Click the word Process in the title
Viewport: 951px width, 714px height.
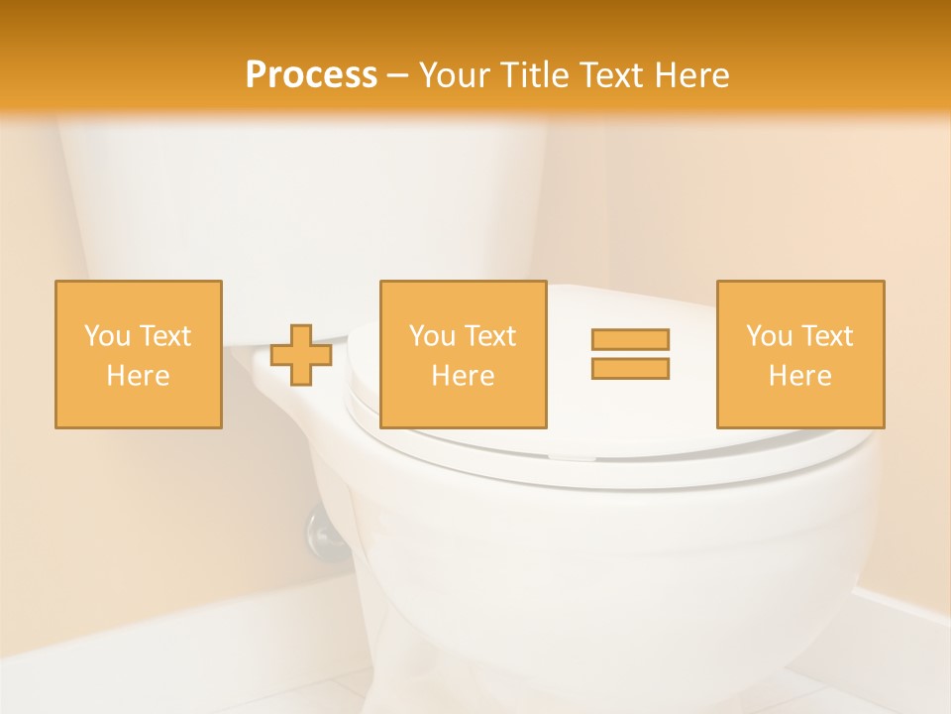[311, 75]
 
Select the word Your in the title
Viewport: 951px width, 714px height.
[455, 75]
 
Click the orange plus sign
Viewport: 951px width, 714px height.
[301, 355]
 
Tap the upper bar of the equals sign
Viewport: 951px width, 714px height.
[630, 339]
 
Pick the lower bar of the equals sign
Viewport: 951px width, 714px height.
[630, 368]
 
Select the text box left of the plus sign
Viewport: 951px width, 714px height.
[139, 354]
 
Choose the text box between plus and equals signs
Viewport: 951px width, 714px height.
[464, 354]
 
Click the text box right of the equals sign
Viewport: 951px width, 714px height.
[800, 354]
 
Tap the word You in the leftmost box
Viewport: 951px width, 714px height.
[107, 336]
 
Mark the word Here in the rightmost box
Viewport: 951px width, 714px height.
[800, 376]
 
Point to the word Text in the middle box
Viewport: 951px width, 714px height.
[490, 336]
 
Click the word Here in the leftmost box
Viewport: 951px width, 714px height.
[139, 376]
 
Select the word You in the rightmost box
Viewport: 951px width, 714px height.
[769, 336]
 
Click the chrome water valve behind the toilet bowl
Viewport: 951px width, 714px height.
[324, 532]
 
